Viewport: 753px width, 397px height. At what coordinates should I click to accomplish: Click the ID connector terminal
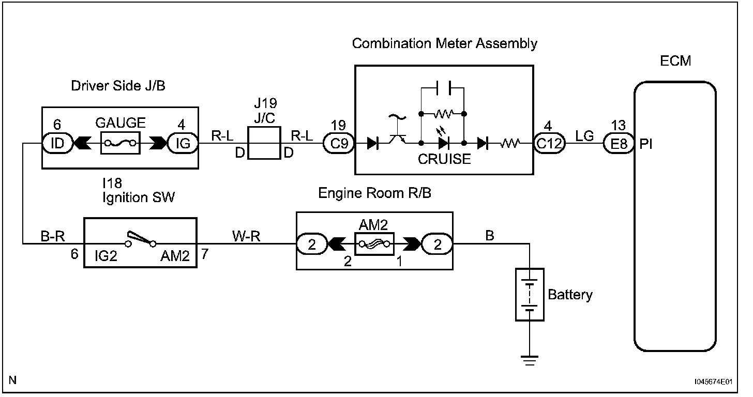coord(57,143)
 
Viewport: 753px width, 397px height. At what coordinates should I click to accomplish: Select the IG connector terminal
coord(183,143)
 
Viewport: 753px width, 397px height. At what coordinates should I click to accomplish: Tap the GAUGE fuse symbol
coord(120,143)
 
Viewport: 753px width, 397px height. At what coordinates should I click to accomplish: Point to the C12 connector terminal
coord(548,143)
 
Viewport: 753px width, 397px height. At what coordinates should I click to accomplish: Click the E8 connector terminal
coord(619,143)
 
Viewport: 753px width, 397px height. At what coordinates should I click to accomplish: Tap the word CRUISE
coord(444,159)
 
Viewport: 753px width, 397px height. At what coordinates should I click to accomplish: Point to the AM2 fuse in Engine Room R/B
coord(374,242)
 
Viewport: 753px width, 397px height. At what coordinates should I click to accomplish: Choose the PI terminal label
coord(646,144)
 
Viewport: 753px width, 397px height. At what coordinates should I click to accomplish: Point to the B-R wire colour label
coord(52,236)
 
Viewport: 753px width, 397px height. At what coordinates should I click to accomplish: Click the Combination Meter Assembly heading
coord(444,43)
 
